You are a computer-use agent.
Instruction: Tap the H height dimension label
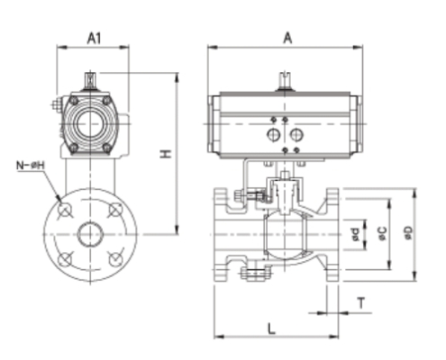(165, 155)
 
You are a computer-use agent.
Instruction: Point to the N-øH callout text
(31, 166)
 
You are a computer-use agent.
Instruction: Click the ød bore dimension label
(356, 236)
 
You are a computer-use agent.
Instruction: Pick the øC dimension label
(382, 235)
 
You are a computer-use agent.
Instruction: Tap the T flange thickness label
(360, 302)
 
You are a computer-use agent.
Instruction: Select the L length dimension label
(272, 328)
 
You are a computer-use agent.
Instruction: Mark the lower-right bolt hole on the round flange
(114, 259)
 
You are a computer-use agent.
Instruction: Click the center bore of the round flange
(90, 235)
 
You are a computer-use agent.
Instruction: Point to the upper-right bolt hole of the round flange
(114, 210)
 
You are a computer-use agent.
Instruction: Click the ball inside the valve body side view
(278, 236)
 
